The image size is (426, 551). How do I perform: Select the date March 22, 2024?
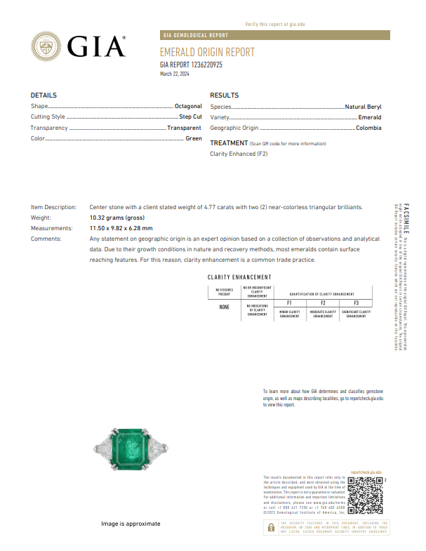coord(175,74)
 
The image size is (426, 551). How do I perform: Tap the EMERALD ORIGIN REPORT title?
coord(207,53)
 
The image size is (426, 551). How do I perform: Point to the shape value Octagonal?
coord(188,106)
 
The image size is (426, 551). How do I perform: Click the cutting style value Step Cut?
coord(190,117)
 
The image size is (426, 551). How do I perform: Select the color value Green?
coord(194,138)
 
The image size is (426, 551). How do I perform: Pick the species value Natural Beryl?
coord(364,106)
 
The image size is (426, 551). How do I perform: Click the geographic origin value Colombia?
coord(368,128)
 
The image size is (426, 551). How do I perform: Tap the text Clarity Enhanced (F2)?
coord(239,153)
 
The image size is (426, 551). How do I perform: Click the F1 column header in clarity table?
coord(289,303)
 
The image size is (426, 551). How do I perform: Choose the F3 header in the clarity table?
coord(356,303)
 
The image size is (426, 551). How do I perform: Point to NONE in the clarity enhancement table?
coord(224,307)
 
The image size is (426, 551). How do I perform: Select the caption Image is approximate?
coord(130,524)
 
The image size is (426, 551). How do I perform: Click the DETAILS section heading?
coord(44,95)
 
